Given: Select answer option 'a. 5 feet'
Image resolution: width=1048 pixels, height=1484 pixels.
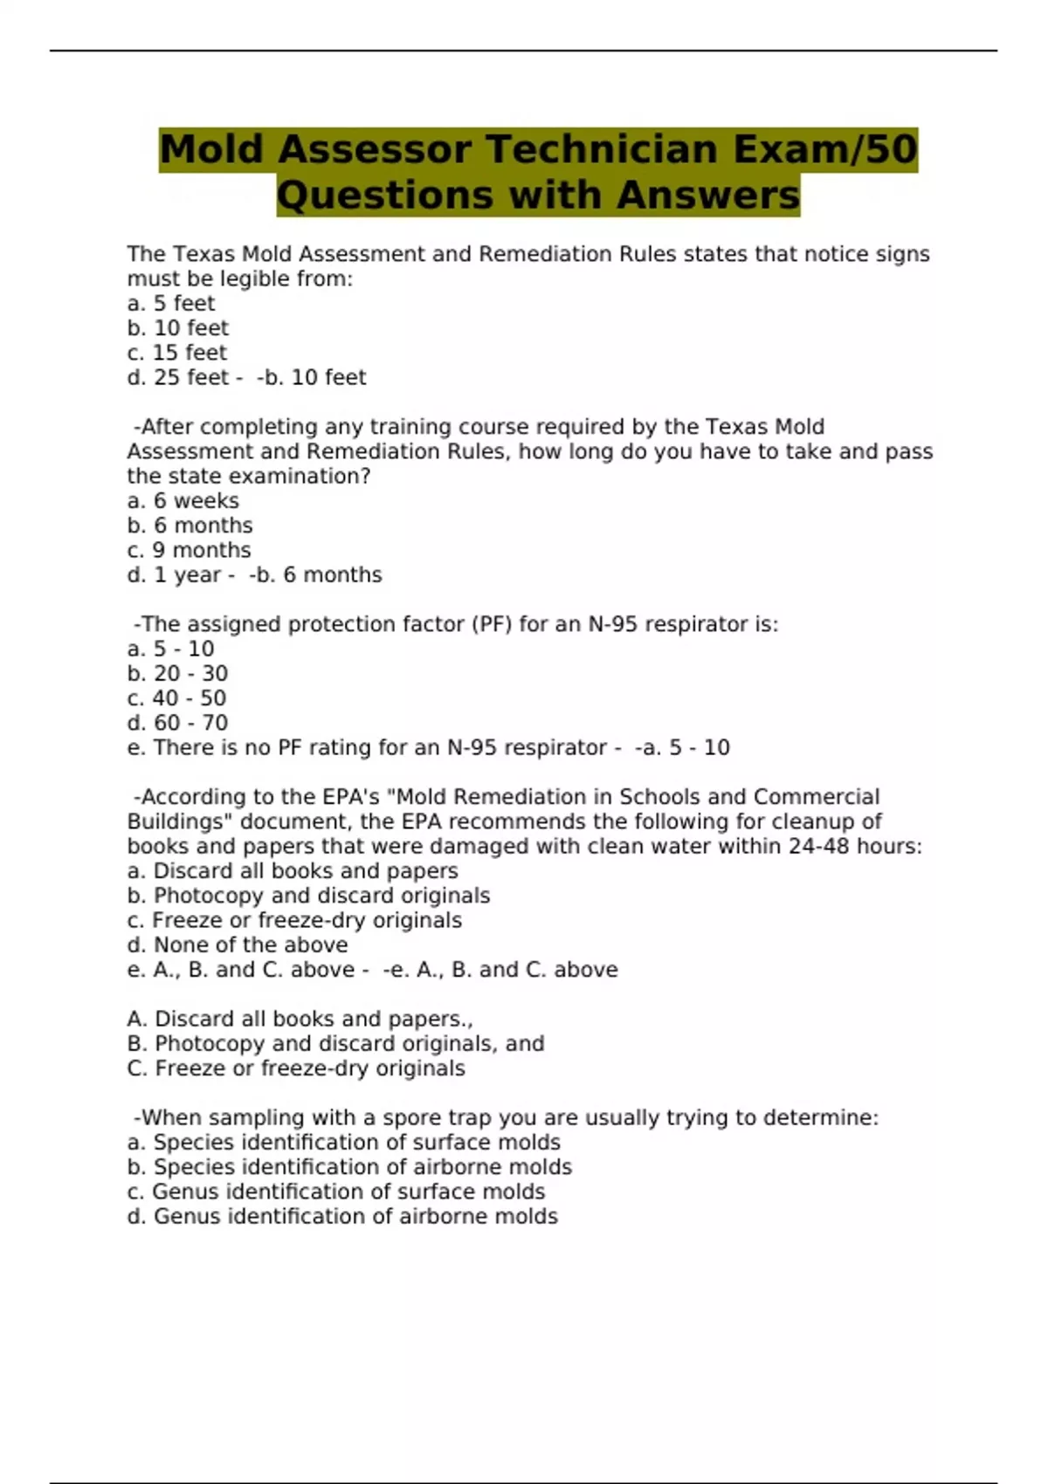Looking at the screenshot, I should click(170, 304).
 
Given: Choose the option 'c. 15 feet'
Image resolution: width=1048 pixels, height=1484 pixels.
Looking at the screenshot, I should click(176, 353).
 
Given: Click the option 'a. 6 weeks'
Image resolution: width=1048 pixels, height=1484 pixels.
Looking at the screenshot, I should click(183, 501).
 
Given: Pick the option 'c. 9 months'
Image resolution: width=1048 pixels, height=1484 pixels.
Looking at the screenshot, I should click(189, 550).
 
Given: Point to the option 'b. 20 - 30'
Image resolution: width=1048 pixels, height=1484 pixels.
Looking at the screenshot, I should click(177, 674).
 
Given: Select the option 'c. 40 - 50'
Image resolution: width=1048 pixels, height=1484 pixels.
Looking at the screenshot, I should click(176, 698).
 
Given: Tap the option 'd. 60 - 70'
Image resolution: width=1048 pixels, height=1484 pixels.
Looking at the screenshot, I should click(177, 723).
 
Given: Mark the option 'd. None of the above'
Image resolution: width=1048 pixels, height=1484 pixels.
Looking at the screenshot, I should click(237, 945).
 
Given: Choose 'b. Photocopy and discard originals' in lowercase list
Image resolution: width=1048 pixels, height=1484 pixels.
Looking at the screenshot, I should click(308, 896).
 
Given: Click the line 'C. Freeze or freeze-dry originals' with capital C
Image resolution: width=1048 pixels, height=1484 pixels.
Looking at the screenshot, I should click(295, 1068).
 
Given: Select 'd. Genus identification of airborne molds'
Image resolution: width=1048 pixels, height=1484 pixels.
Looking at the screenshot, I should click(342, 1216).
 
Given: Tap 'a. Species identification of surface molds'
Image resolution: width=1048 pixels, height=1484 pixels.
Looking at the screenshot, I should click(343, 1143).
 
